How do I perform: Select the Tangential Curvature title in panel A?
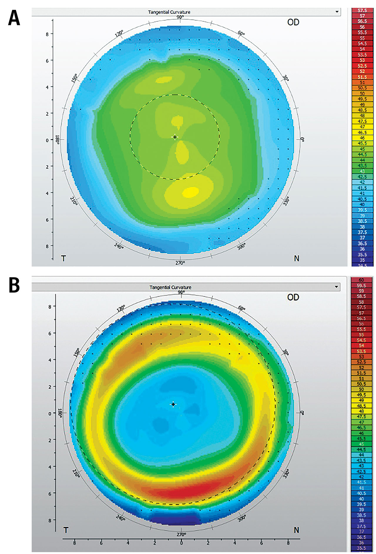(169, 12)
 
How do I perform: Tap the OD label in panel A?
(293, 22)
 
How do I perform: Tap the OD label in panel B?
(293, 297)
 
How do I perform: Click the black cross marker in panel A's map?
(175, 137)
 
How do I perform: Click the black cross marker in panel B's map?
(173, 404)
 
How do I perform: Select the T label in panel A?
(63, 258)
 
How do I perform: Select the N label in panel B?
(296, 530)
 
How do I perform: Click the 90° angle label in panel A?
(180, 17)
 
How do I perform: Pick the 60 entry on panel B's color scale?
(361, 280)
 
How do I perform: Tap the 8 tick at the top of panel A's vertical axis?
(47, 34)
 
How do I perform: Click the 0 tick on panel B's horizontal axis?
(181, 543)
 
